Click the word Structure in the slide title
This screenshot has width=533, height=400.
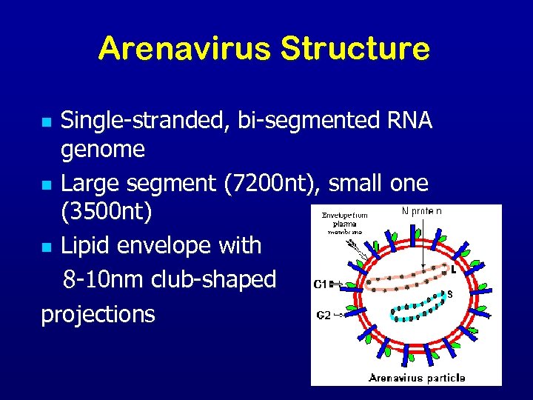[x=355, y=49]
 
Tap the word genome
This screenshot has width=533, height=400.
[x=102, y=150]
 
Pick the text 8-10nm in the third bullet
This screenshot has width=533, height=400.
[x=104, y=280]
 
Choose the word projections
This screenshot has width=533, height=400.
[x=98, y=314]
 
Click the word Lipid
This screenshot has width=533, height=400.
[x=86, y=245]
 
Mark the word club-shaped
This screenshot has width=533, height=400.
[x=212, y=280]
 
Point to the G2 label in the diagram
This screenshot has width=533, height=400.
[x=324, y=316]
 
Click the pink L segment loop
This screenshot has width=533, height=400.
[x=403, y=277]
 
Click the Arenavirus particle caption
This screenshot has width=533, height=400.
[x=417, y=378]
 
